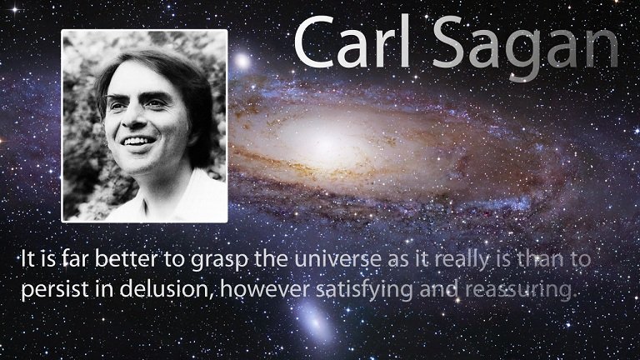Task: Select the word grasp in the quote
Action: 218,261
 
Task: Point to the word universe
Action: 337,259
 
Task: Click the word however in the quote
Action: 264,289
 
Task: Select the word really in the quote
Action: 461,260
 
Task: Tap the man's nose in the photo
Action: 136,117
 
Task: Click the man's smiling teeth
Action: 137,142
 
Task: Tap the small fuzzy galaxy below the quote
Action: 315,322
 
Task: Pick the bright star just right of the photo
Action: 242,62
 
